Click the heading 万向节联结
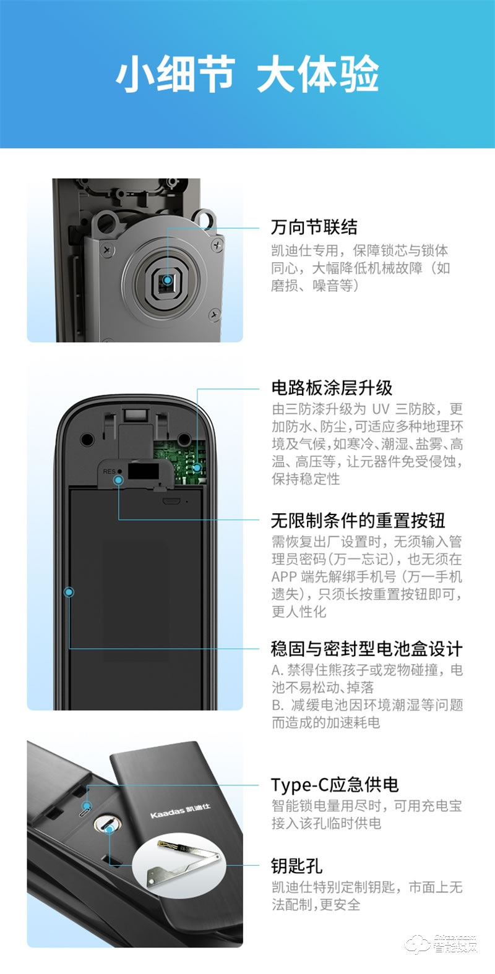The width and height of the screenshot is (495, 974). pos(314,227)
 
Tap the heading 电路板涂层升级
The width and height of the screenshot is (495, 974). pos(332,387)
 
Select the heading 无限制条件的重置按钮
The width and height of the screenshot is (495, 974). pos(358,520)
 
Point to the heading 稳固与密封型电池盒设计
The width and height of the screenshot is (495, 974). pos(367,648)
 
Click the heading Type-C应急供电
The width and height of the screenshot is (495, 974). pos(335,785)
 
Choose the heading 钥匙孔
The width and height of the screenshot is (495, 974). pos(296,866)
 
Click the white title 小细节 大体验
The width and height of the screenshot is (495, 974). pos(247,74)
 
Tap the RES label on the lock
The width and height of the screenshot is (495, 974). pos(109,471)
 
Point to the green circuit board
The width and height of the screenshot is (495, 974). pos(179,461)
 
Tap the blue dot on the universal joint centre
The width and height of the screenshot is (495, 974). pos(168,281)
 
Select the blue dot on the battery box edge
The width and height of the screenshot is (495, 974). pos(69,592)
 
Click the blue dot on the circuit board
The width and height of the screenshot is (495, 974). pos(197,468)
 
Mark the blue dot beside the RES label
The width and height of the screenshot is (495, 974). pos(119,480)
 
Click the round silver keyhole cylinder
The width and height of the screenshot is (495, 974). pos(107,823)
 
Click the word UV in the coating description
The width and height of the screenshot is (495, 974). pos(381,409)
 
